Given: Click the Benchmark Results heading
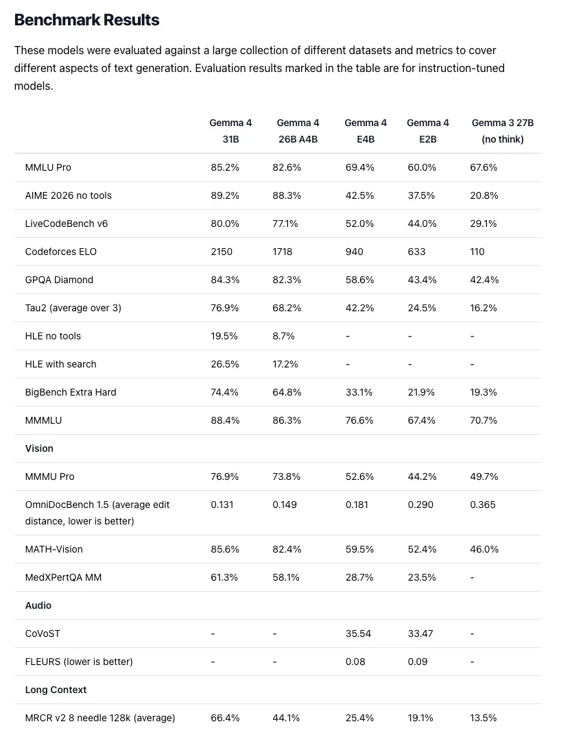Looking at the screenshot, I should pos(86,20).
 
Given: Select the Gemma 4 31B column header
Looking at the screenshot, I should pos(230,131).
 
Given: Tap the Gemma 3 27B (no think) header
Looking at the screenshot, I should pos(502,131).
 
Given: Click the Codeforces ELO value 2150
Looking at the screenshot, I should pos(222,252).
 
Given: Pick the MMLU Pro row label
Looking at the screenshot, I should pos(48,167).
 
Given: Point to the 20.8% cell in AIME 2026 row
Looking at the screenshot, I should pos(484,195).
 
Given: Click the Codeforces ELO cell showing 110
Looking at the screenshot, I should pos(477,252).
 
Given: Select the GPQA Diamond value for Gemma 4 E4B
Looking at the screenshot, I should pos(359,280).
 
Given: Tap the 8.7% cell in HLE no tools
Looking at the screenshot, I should pos(285,336).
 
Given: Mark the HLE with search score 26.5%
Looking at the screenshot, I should pos(225,364).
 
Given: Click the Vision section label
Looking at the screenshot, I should pos(39,448).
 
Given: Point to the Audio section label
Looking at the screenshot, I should pos(38,605).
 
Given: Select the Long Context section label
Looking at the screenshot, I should pos(56,690).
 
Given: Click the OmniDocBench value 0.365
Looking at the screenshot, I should pos(483,505).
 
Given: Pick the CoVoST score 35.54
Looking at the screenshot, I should pos(358,633).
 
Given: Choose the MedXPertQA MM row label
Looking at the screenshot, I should pos(63,577).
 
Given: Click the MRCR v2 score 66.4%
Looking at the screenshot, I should pos(225,718).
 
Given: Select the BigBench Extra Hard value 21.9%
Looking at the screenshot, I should pos(421,392).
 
